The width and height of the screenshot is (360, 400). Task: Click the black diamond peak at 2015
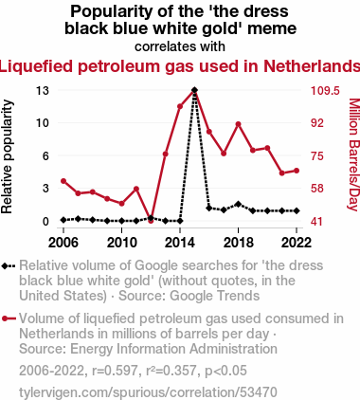pos(194,90)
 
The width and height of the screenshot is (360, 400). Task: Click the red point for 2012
pos(151,221)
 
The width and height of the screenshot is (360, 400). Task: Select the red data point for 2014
pos(180,106)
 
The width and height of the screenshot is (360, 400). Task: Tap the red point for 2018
pos(239,124)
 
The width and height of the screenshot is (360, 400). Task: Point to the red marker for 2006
pos(63,181)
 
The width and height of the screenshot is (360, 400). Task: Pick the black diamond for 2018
pos(239,204)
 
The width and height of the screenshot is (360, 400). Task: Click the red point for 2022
pos(297,171)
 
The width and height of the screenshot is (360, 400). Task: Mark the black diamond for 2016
pos(209,208)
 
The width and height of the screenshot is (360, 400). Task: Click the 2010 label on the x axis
pos(122,243)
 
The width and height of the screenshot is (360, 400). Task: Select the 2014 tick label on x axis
pos(180,243)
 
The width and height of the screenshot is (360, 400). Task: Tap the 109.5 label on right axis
pos(325,91)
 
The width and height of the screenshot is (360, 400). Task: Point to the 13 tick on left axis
pos(43,91)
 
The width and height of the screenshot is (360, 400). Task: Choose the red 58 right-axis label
pos(317,189)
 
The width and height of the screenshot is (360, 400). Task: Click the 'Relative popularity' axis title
pos(7,156)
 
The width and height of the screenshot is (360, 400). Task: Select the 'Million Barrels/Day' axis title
pos(353,155)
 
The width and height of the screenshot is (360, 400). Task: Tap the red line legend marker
pos(9,318)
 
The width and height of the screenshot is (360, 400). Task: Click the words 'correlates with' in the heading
pos(180,46)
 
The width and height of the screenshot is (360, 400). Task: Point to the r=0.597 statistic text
pos(115,371)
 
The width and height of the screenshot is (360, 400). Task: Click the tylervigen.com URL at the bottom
pos(148,392)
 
